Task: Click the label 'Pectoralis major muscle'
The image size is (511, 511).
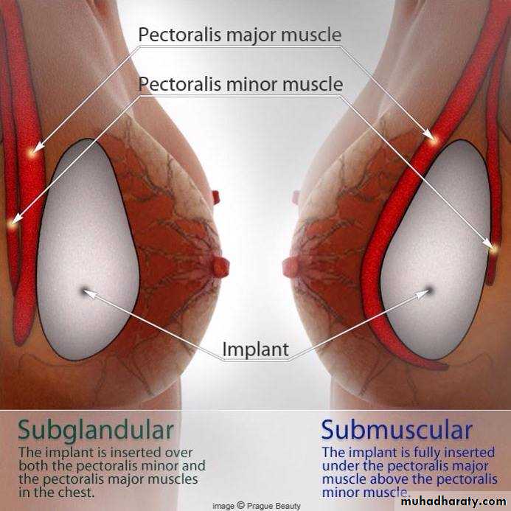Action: click(240, 35)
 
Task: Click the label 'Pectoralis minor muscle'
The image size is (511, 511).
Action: click(240, 84)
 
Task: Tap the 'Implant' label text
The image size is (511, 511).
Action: click(255, 350)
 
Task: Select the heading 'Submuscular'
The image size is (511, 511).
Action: click(397, 430)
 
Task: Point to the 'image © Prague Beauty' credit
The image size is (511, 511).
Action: click(257, 506)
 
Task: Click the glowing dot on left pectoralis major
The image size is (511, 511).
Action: click(32, 153)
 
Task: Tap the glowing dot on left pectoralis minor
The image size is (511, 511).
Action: click(12, 224)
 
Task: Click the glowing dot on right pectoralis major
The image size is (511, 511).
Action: click(434, 140)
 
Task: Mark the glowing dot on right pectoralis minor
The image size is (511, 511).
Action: click(494, 249)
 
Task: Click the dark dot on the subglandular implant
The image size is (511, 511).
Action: click(85, 290)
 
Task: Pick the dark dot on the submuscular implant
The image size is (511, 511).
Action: click(429, 290)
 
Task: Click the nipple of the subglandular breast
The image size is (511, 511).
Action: click(220, 266)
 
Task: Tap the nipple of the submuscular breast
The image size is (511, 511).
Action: click(291, 266)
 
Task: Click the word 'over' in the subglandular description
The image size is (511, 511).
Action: click(178, 453)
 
